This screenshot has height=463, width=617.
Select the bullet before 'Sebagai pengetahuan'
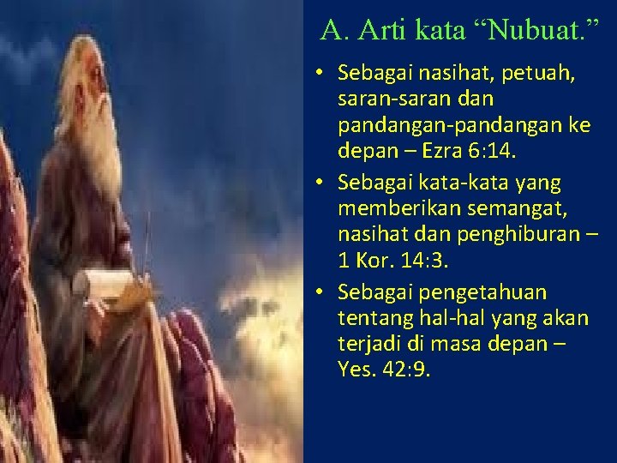coord(319,292)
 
